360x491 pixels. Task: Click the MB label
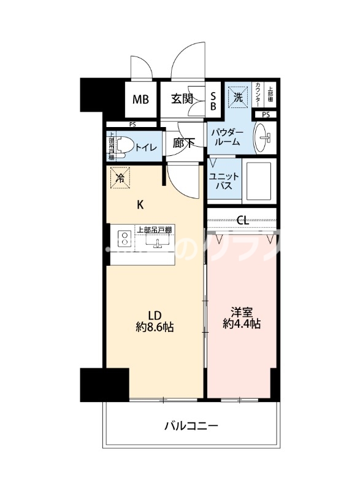click(x=142, y=98)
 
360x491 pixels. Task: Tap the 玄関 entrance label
click(x=183, y=98)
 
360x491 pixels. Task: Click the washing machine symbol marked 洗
click(x=237, y=95)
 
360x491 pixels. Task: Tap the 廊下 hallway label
click(x=183, y=143)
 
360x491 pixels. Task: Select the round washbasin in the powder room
click(x=264, y=139)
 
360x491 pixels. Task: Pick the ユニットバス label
click(x=220, y=181)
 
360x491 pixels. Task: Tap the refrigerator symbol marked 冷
click(x=120, y=179)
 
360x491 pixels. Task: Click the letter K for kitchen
click(x=140, y=204)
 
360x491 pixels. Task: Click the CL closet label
click(x=242, y=220)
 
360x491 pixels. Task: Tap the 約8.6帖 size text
click(x=155, y=327)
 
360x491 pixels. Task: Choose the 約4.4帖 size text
click(x=242, y=323)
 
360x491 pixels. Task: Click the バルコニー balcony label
click(x=191, y=425)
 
